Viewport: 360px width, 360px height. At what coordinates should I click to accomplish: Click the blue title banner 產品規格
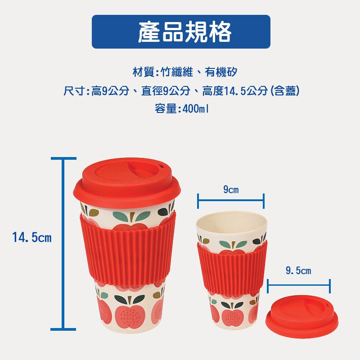181,31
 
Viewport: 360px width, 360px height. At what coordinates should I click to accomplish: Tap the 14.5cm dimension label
32,237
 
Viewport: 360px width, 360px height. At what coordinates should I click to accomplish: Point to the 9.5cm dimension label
298,271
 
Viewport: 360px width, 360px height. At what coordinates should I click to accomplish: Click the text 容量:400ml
182,109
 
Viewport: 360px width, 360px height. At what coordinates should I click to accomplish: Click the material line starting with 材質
184,72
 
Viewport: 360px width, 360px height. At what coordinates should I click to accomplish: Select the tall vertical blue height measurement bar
63,243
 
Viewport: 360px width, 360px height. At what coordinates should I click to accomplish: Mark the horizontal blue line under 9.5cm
298,286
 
